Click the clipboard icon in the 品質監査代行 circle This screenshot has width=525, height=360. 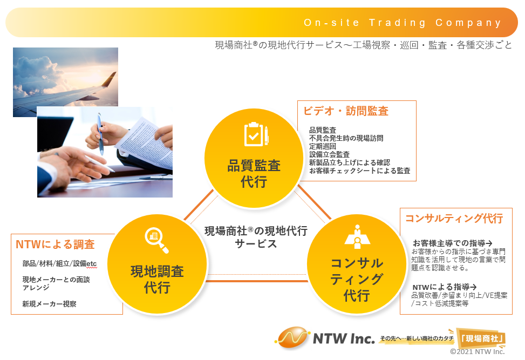256,134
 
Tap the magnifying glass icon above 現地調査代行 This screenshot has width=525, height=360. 156,240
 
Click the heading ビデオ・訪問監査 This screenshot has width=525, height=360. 345,111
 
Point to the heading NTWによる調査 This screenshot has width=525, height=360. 55,244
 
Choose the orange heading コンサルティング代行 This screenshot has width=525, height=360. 454,219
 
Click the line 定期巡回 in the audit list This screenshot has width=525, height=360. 323,146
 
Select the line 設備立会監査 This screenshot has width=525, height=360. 329,154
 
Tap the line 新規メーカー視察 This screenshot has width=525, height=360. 49,304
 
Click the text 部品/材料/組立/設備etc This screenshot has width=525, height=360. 59,263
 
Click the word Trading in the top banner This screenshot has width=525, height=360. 398,23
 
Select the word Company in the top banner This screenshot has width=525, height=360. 468,23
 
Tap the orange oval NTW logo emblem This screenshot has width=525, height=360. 292,337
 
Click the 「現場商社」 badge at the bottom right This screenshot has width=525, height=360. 481,338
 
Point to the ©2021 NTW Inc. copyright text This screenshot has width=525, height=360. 477,351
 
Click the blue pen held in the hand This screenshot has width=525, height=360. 100,134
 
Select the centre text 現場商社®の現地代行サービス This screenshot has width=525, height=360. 256,237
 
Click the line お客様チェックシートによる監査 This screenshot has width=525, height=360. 359,171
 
